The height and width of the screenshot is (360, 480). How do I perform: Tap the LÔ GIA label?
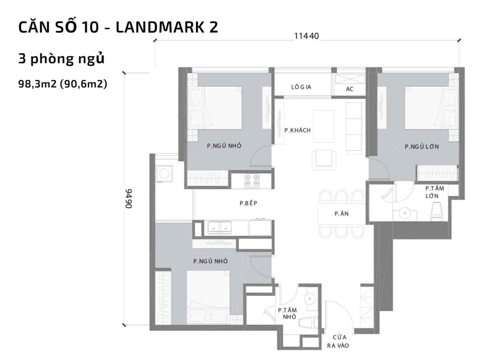click(x=301, y=87)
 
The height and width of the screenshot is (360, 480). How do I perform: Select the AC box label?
click(x=349, y=89)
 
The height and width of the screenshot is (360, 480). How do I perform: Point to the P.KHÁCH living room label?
click(x=298, y=130)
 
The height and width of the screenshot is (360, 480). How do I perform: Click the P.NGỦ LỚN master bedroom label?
click(x=422, y=147)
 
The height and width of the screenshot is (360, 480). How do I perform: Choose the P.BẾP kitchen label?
click(x=249, y=203)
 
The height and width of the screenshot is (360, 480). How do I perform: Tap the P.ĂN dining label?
click(x=341, y=214)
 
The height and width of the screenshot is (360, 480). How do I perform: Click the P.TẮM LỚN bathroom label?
click(x=435, y=192)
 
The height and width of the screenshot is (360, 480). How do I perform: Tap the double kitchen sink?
click(x=220, y=228)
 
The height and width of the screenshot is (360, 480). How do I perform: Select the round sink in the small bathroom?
click(x=309, y=298)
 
